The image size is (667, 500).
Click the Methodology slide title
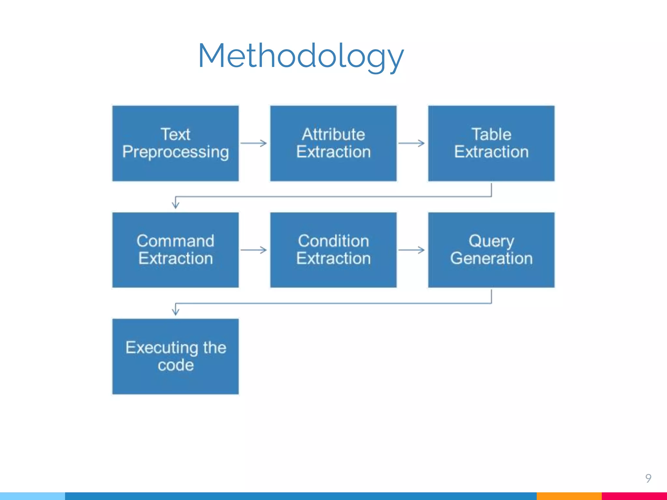coord(301,56)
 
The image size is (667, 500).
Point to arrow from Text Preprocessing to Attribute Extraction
coord(254,143)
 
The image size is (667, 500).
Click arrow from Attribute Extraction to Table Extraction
coord(412,143)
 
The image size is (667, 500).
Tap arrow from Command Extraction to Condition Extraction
coord(254,250)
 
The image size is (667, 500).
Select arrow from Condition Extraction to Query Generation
coord(412,250)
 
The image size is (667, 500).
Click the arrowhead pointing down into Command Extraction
coord(176,205)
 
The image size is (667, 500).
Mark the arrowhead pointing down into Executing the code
coord(176,312)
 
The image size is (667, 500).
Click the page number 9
coord(648,478)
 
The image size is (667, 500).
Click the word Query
coord(491,242)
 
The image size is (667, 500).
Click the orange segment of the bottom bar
coord(569,496)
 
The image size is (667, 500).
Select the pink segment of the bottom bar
coord(634,496)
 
